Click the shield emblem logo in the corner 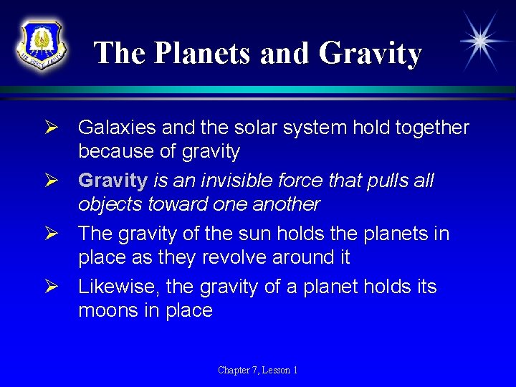pos(42,44)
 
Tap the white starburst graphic pos(479,41)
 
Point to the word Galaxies pos(117,128)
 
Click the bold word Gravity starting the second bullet pos(113,181)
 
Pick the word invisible pos(242,181)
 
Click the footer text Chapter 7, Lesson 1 pos(258,370)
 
